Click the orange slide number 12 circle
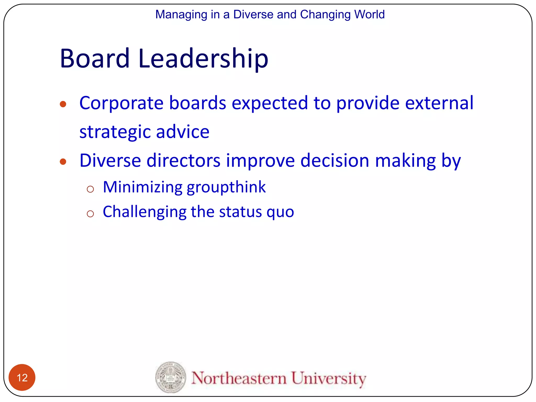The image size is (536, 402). click(x=22, y=377)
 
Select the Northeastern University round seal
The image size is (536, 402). click(x=171, y=377)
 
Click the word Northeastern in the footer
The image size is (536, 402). click(x=239, y=378)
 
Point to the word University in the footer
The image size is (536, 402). click(x=328, y=378)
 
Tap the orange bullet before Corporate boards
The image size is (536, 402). click(x=63, y=104)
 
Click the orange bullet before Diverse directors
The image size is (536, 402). click(x=63, y=161)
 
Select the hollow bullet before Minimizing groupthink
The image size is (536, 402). click(x=90, y=189)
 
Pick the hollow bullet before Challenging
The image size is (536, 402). click(x=90, y=214)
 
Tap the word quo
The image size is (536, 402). click(x=280, y=212)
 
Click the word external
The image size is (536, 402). click(x=439, y=103)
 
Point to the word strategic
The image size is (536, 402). click(x=115, y=132)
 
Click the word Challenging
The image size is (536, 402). click(x=144, y=212)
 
